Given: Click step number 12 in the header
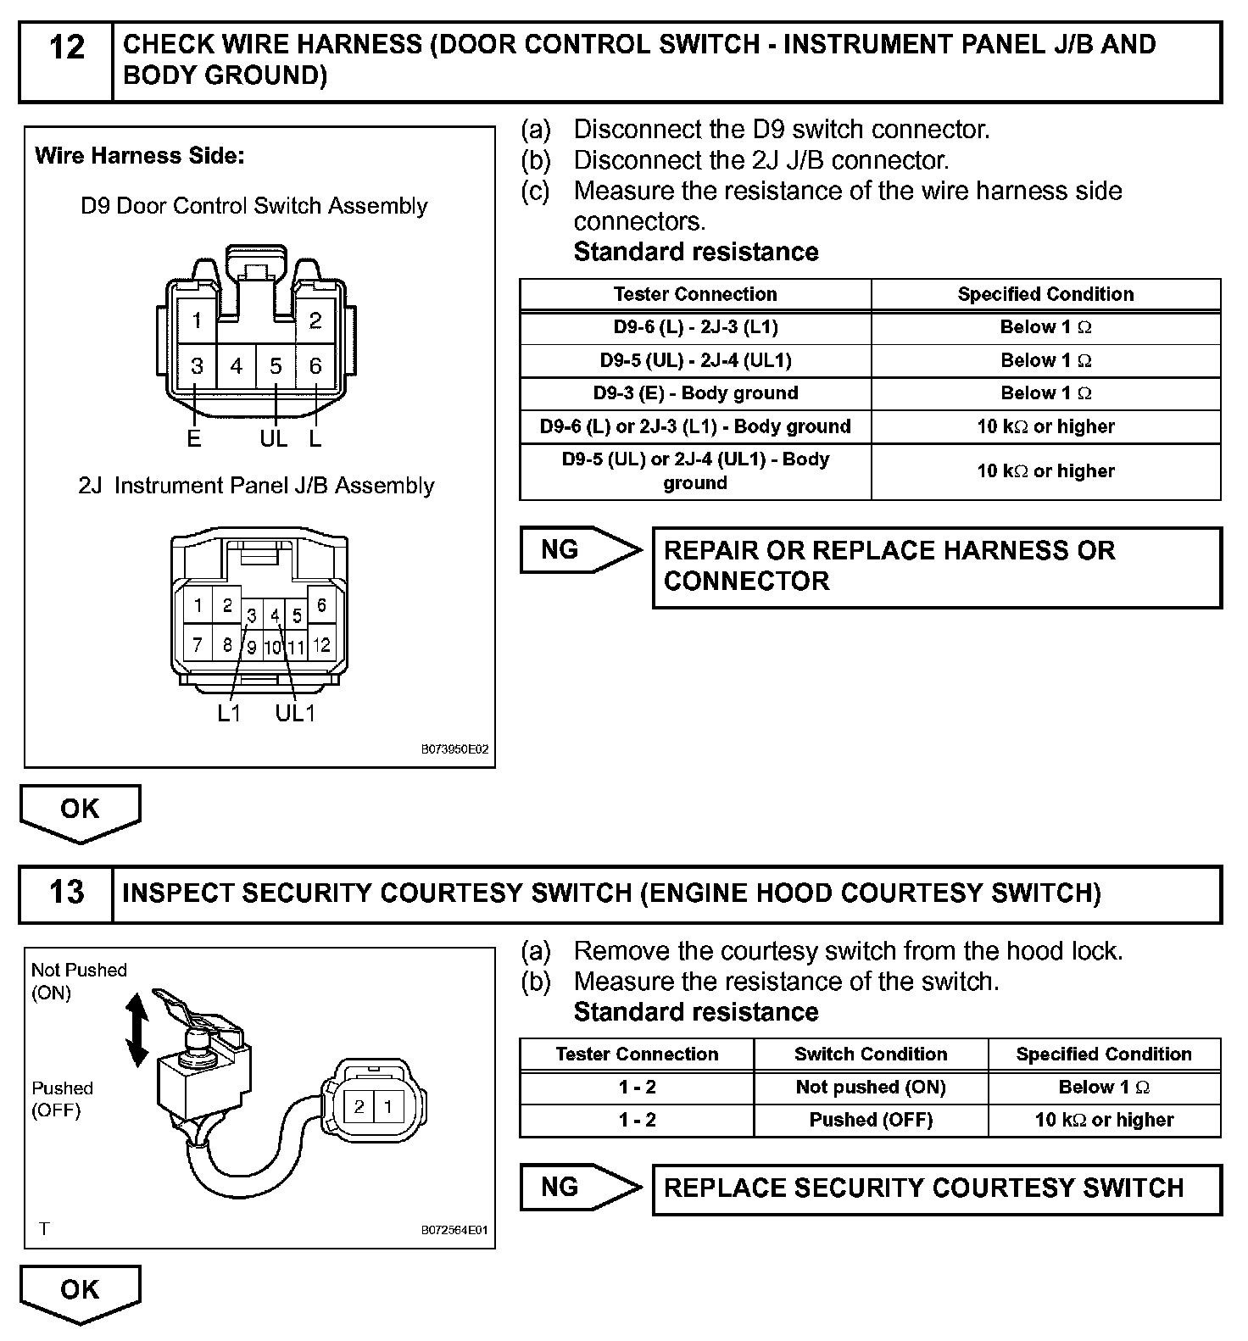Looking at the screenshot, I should [x=67, y=48].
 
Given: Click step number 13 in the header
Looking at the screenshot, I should [x=67, y=893].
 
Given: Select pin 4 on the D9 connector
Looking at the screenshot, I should [x=236, y=366].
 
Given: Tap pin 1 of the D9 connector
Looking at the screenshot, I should [x=197, y=320].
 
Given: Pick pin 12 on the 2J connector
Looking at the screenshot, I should [x=321, y=645].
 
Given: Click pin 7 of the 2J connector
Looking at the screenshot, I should [x=198, y=645].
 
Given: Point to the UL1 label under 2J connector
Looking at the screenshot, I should [x=295, y=713].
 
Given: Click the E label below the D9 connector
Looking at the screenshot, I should [x=194, y=438].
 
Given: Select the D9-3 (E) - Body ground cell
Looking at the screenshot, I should [x=695, y=393].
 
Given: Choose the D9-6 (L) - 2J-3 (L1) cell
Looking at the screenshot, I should [x=695, y=327].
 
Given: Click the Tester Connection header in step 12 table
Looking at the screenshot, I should [x=695, y=294].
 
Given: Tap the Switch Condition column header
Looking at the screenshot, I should [x=871, y=1054].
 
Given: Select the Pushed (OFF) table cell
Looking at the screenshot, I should [x=871, y=1120].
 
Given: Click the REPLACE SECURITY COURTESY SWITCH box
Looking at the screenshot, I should [x=937, y=1188].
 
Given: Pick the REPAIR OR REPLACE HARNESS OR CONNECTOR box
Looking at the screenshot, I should [x=937, y=566].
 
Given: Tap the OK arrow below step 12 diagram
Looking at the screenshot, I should [x=80, y=812].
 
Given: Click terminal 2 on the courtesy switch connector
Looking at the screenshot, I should [x=359, y=1106].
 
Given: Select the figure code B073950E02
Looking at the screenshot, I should [x=455, y=750].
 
